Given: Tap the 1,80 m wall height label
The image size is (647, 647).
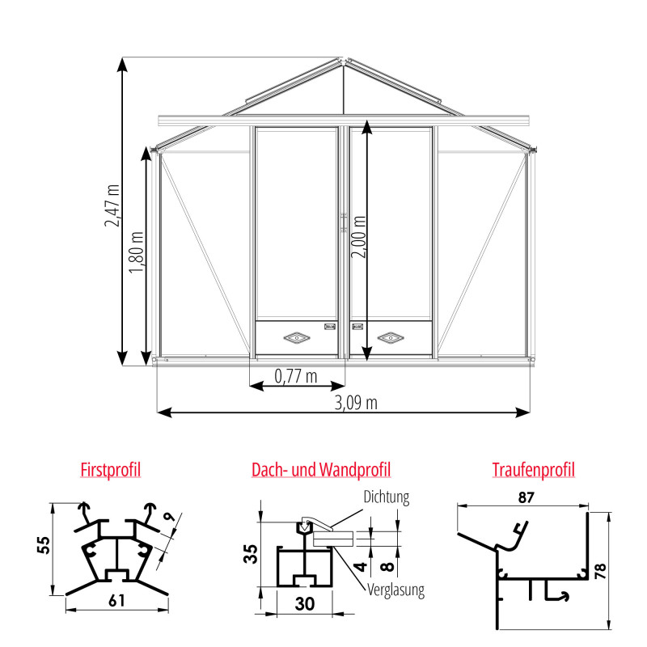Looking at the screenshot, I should [x=137, y=253].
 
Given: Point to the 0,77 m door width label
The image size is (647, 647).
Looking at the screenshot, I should [x=296, y=376].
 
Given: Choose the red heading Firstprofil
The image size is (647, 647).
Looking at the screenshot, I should [x=111, y=469].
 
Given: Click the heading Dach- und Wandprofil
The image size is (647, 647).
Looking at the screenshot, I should [x=321, y=469].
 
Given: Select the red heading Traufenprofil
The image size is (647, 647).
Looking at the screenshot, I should [x=533, y=469].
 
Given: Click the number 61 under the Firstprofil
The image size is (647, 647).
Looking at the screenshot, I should [x=116, y=600].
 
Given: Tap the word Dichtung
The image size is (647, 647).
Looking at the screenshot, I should [x=387, y=497].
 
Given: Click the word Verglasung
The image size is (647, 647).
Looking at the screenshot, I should [x=395, y=590].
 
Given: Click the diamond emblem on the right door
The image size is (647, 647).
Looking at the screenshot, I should [x=391, y=336].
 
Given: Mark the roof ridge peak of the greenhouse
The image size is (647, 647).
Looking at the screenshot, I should [x=345, y=59].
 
